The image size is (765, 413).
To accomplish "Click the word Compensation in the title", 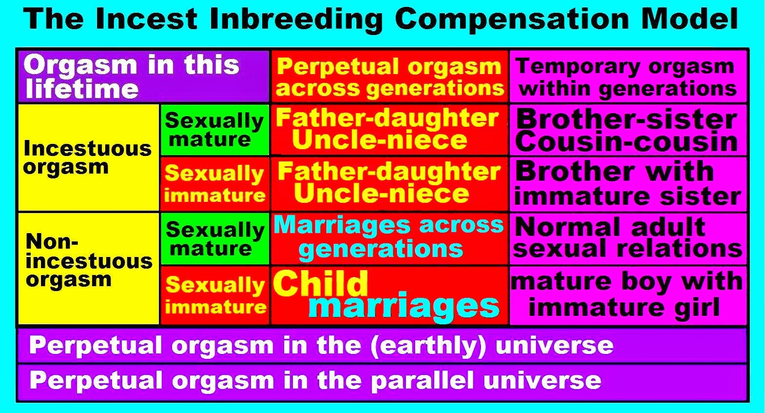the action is (x=512, y=20).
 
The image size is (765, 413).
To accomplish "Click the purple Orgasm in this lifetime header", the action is (x=143, y=77).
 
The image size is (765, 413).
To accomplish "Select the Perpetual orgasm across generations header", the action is (x=389, y=77).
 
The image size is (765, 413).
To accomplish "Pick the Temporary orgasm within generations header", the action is (x=628, y=77).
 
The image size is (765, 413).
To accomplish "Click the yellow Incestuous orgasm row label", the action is (x=88, y=157).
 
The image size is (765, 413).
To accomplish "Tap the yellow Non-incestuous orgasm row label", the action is (x=88, y=268).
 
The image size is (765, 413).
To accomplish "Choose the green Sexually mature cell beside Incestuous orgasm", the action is (x=215, y=130).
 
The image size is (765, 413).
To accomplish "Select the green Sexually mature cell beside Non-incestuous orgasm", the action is (x=215, y=238).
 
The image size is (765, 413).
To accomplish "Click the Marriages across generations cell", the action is (x=389, y=238).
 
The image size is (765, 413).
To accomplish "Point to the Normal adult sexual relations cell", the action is (x=628, y=238).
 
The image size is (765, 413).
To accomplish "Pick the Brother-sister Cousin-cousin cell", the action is (x=628, y=130).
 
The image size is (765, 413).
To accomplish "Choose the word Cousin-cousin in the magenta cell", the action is (x=626, y=142).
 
